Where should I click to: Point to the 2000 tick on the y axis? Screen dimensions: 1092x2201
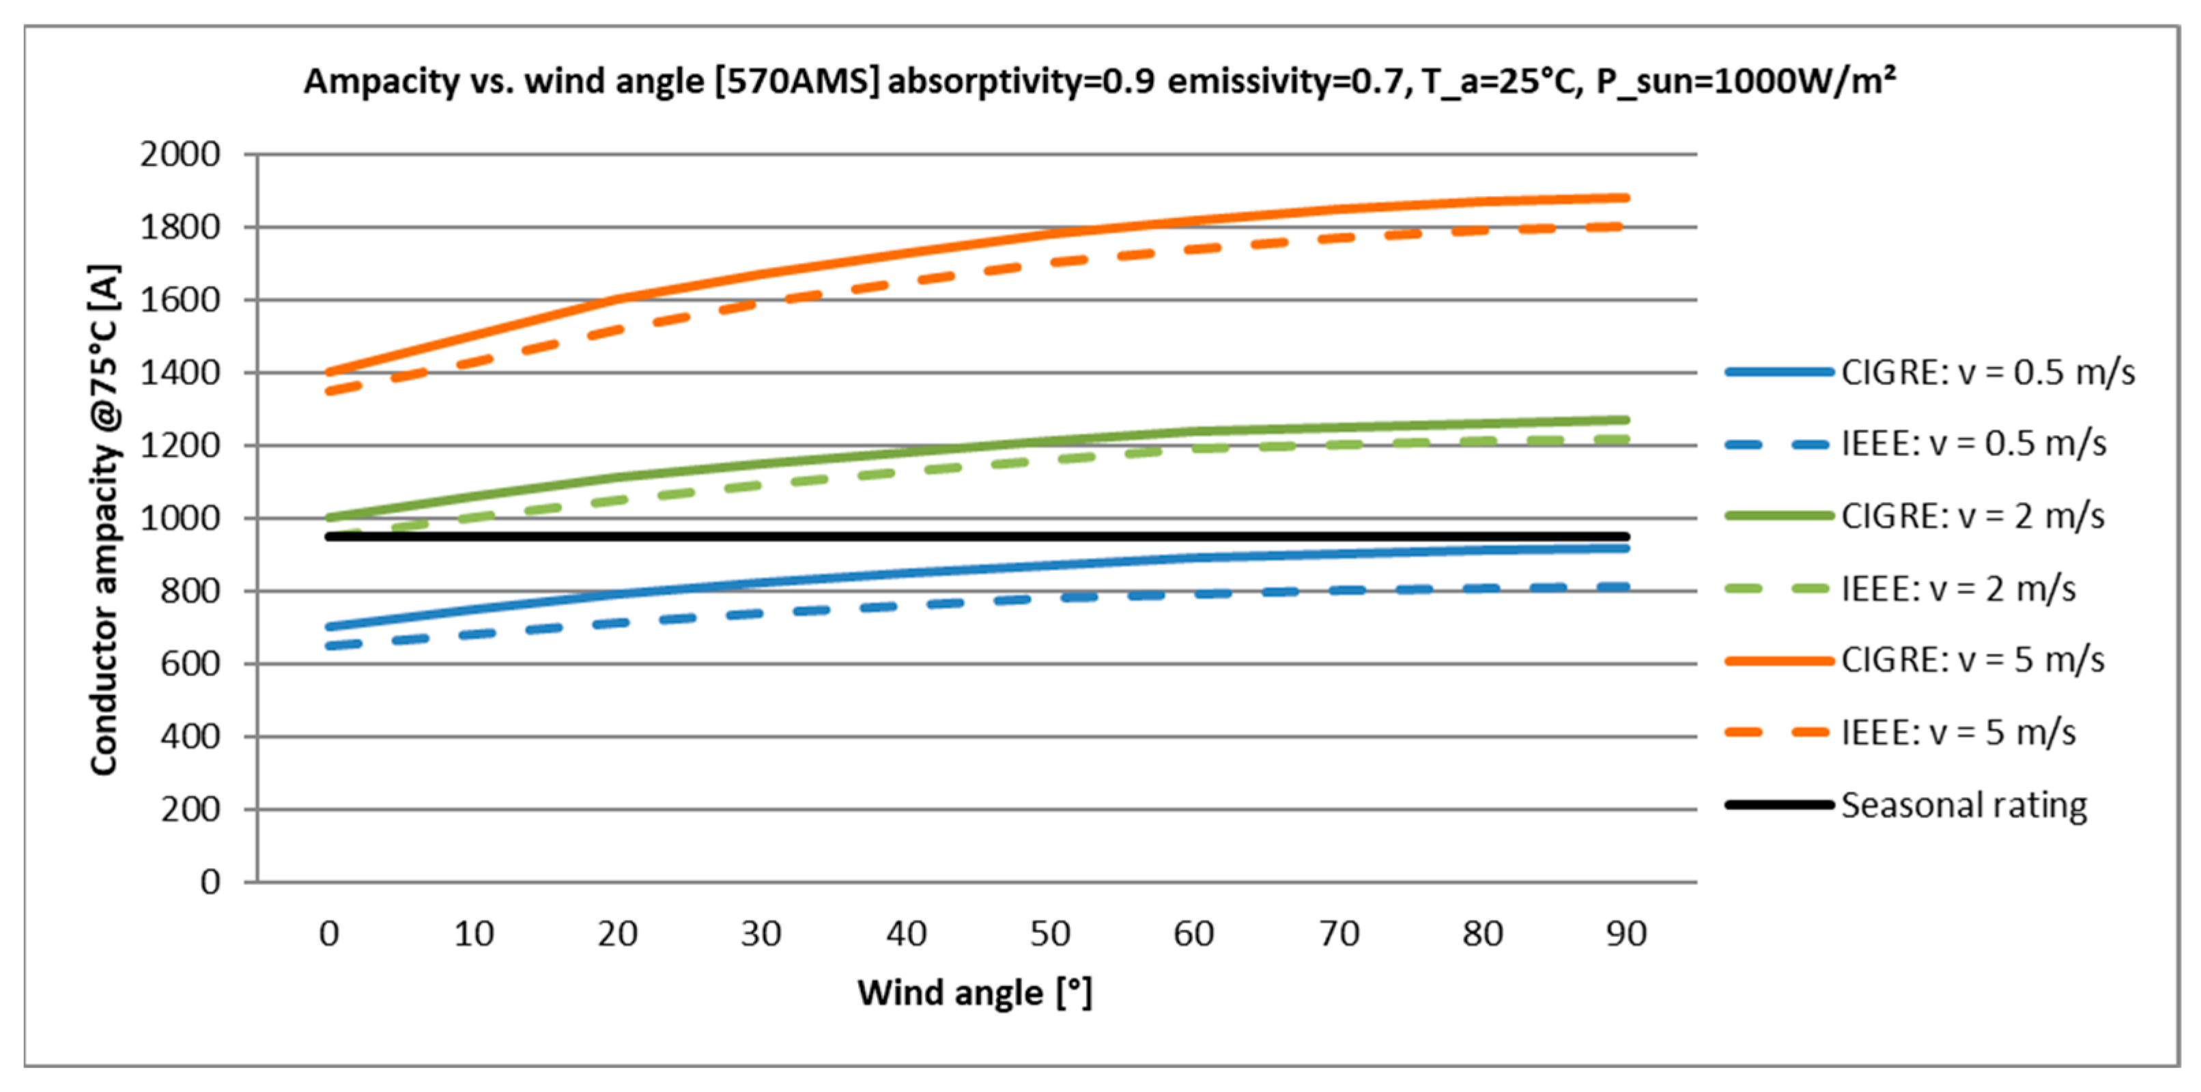pos(180,154)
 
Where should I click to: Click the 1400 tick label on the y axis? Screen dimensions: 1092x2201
pos(180,373)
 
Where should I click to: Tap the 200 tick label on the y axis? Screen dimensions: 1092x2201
pos(190,809)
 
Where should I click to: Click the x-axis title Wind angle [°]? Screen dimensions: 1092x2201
pos(975,993)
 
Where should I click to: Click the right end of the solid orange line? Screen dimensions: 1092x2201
pos(1626,198)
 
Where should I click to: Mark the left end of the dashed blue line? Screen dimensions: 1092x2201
pos(330,646)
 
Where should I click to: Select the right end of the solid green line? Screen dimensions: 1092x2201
pos(1626,419)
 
